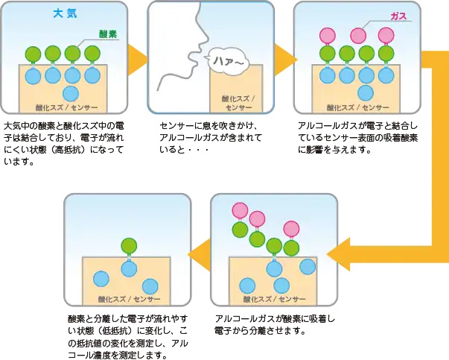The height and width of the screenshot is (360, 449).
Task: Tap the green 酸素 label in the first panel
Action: click(x=109, y=34)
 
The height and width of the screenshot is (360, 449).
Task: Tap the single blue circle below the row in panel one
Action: click(x=71, y=92)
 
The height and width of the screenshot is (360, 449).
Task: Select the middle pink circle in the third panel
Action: click(x=358, y=35)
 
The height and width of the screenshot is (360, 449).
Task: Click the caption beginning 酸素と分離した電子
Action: click(x=126, y=335)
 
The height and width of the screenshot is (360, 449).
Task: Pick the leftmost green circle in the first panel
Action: click(x=32, y=54)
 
